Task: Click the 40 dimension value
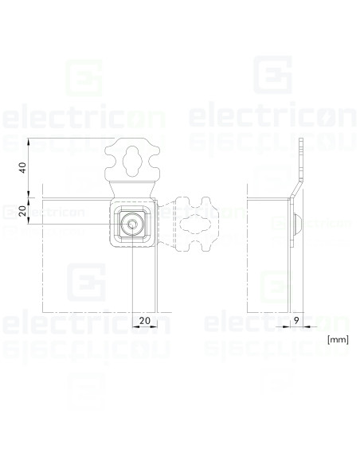(x=23, y=168)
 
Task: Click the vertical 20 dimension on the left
(x=23, y=211)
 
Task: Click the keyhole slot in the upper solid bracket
(x=131, y=159)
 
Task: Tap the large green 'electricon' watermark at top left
(x=84, y=117)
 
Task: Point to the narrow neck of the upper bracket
(x=131, y=189)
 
